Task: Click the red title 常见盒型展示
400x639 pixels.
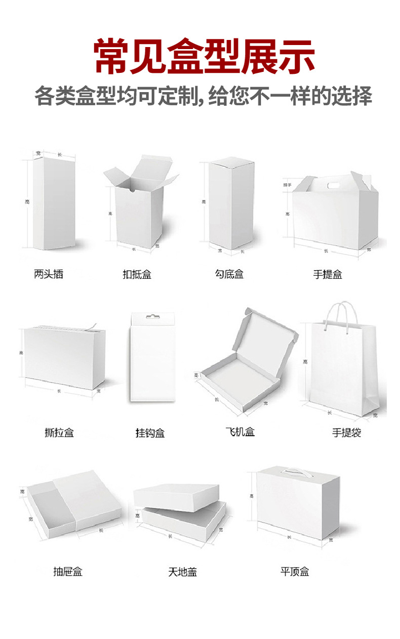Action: click(204, 56)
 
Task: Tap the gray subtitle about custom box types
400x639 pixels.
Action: click(204, 96)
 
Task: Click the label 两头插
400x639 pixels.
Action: click(49, 274)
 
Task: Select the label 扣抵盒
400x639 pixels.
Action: click(137, 275)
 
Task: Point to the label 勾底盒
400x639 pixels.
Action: click(229, 274)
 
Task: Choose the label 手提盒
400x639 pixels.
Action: click(327, 275)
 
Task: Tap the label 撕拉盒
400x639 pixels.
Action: click(59, 433)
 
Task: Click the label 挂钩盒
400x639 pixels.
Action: click(150, 433)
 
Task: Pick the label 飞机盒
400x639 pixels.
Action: click(240, 432)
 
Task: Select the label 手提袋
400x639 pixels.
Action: click(346, 433)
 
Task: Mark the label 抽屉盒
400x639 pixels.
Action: click(67, 572)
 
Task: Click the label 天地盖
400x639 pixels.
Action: click(182, 572)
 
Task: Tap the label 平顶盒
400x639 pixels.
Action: click(294, 572)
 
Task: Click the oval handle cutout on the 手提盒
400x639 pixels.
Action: click(332, 186)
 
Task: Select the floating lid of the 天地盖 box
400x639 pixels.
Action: click(176, 495)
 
